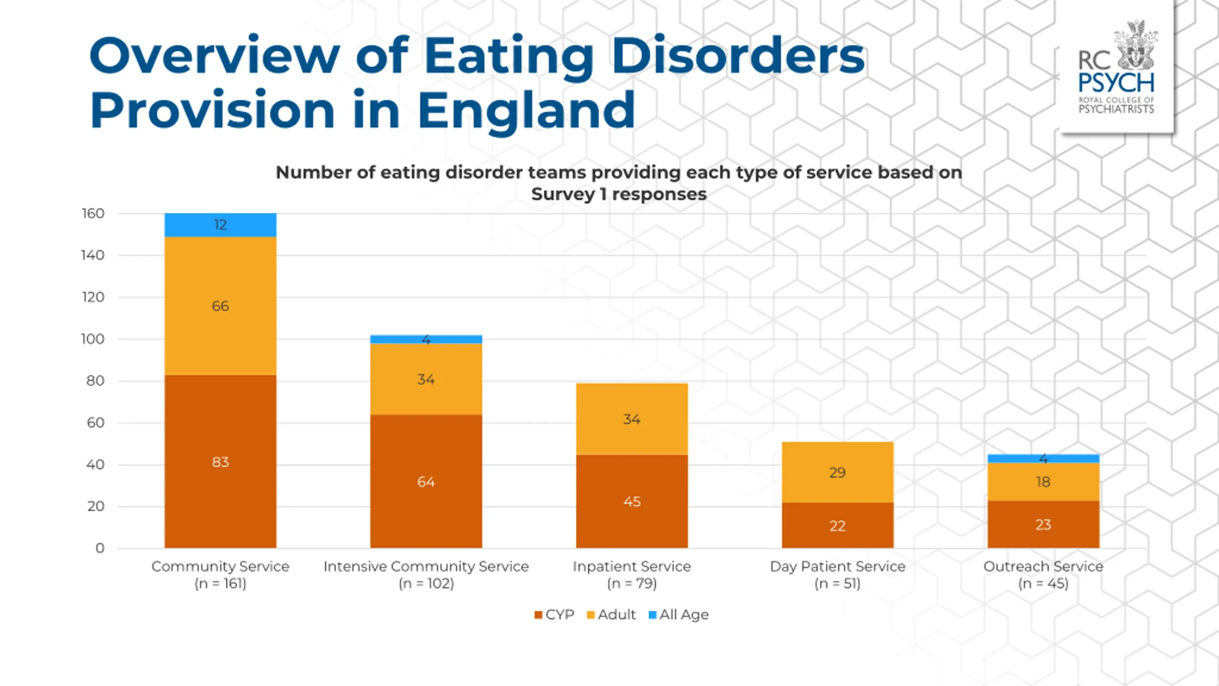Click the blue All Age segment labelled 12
pos(220,225)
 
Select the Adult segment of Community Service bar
pos(220,306)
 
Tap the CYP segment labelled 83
pos(220,462)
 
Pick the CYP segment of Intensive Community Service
pos(426,481)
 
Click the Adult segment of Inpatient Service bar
pos(632,419)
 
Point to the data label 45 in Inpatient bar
pos(632,502)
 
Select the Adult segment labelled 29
pos(838,472)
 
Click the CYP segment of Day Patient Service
pos(838,525)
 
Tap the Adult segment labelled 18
pos(1043,482)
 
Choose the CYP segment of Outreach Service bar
pos(1043,524)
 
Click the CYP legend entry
pos(554,615)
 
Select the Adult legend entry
pos(611,615)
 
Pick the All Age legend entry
pos(679,615)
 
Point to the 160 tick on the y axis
pos(93,213)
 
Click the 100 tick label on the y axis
pos(93,339)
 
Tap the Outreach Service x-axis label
pos(1043,575)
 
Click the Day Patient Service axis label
pos(838,575)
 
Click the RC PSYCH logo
pos(1116,68)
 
